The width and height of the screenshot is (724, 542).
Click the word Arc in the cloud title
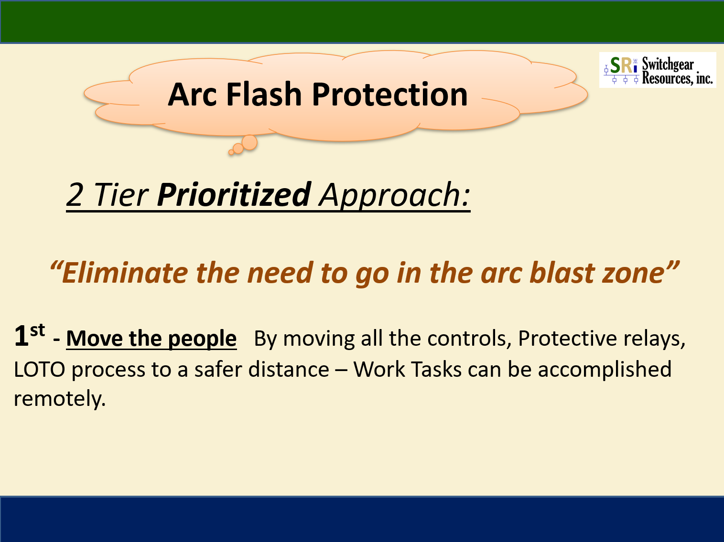coord(192,95)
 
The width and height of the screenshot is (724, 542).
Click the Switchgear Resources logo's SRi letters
coord(624,65)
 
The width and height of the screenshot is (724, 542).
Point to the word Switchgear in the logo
coord(668,64)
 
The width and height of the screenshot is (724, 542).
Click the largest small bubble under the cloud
coord(249,143)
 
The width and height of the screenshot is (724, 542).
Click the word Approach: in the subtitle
coord(395,196)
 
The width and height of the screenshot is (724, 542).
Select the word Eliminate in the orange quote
coord(125,273)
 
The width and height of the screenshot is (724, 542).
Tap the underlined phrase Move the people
coord(151,339)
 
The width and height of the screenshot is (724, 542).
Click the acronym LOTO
coord(40,369)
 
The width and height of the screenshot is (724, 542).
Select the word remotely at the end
coord(60,399)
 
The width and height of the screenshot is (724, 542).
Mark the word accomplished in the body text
coord(605,370)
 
